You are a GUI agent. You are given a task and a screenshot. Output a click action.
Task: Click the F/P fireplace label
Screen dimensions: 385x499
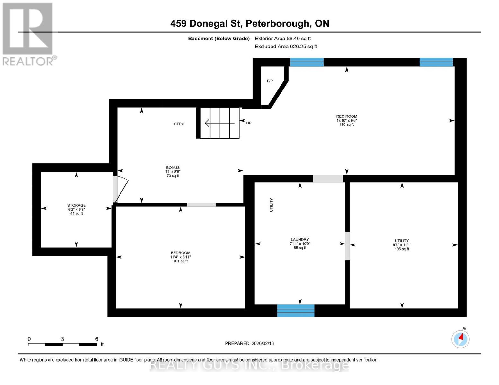click(270, 81)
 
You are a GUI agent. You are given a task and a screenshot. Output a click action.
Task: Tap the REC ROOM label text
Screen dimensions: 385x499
click(346, 116)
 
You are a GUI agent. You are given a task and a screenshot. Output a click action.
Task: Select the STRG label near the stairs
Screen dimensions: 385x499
click(179, 124)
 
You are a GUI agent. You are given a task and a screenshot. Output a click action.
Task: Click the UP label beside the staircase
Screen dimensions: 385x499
click(249, 123)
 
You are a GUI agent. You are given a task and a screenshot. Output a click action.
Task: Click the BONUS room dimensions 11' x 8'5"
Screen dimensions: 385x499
click(173, 172)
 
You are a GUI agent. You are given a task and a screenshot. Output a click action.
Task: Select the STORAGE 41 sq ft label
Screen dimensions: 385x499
click(76, 210)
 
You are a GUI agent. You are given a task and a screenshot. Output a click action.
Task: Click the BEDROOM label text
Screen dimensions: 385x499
click(180, 253)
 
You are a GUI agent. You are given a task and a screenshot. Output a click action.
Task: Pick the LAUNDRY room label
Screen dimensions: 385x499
click(299, 240)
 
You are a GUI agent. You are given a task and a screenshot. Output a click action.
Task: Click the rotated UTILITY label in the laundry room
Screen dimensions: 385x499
click(272, 205)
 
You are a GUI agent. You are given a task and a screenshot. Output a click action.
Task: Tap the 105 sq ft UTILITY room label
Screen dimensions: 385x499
click(402, 245)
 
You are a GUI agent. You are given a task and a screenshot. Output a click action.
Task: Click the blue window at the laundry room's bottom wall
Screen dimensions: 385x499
click(296, 311)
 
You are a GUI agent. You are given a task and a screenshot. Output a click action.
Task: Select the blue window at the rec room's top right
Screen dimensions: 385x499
click(436, 62)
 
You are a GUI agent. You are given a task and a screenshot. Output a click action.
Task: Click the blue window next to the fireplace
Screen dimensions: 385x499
click(307, 62)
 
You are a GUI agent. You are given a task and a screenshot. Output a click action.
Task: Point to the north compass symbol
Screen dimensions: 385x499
click(460, 338)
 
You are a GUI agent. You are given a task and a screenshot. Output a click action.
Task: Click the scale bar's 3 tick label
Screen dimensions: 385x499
click(62, 339)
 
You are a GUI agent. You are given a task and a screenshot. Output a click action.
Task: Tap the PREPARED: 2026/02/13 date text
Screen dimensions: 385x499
click(249, 343)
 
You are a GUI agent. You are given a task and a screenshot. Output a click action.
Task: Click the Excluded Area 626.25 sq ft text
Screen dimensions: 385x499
click(286, 47)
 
